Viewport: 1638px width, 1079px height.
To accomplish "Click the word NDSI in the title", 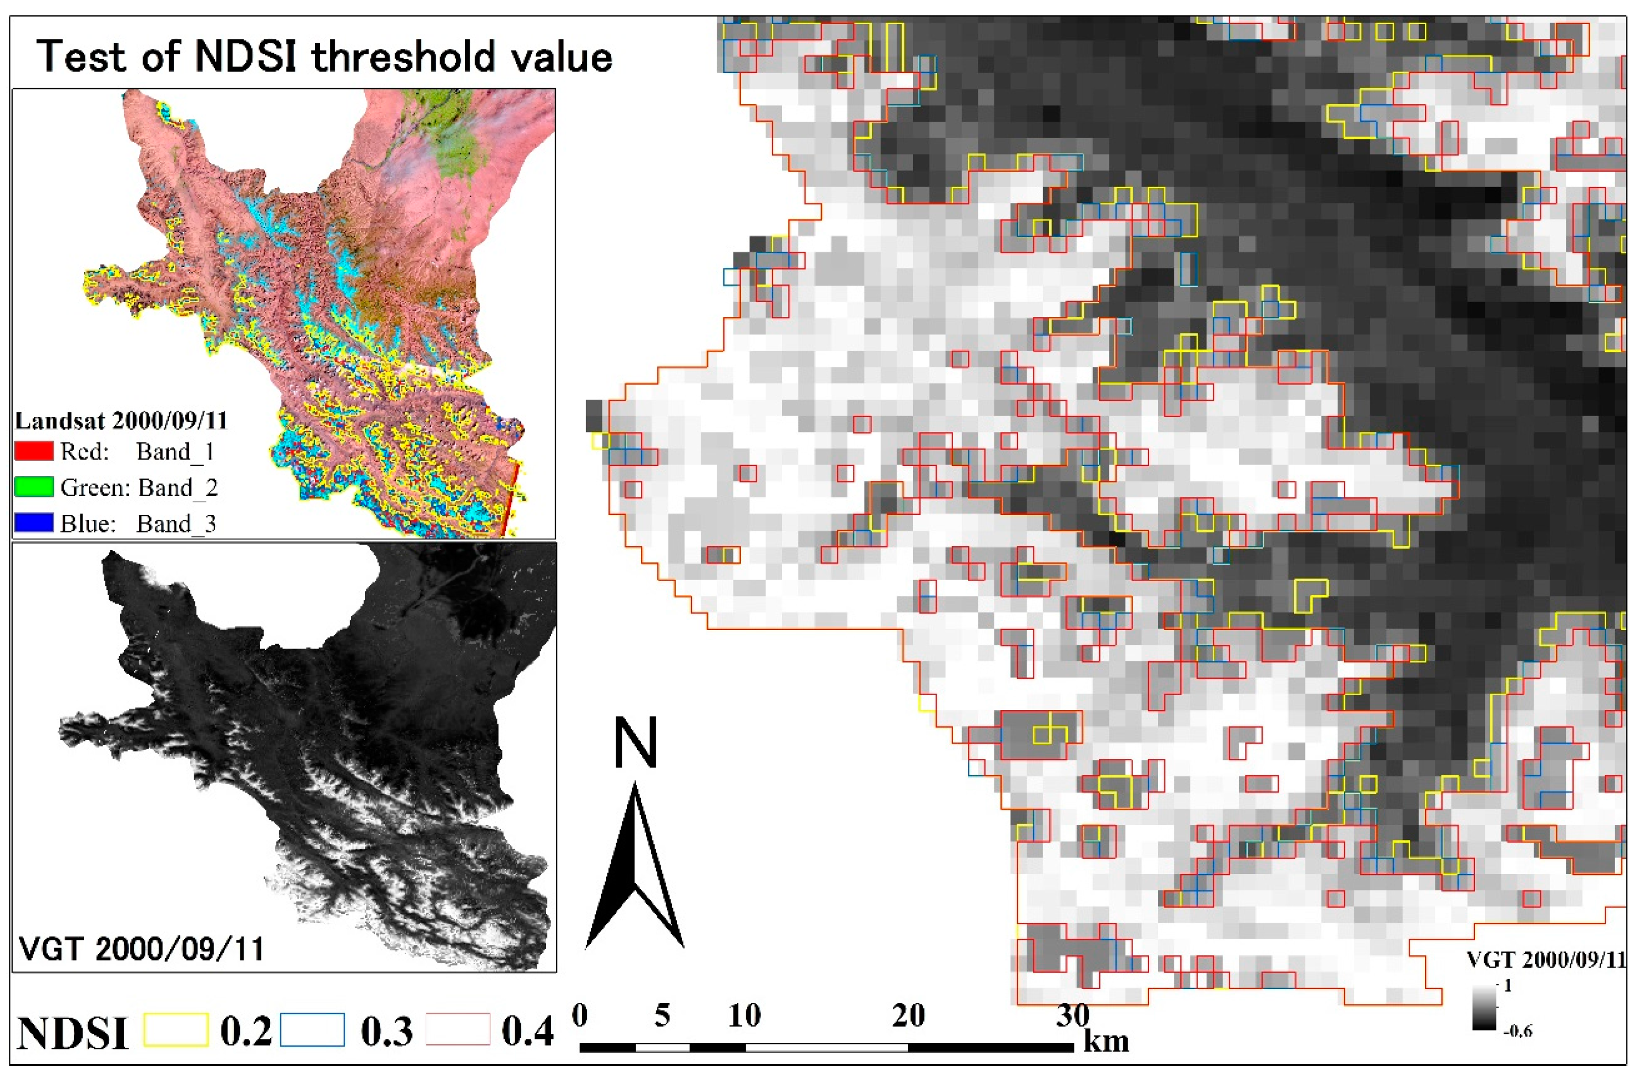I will click(246, 56).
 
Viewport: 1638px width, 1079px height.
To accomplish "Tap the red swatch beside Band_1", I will click(33, 451).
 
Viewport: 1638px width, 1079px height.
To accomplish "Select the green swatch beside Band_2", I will click(33, 487).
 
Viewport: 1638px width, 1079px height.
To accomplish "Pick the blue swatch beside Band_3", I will click(33, 523).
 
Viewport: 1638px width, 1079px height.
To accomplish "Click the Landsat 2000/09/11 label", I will click(121, 421).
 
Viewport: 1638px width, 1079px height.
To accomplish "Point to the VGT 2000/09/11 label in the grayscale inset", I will click(142, 950).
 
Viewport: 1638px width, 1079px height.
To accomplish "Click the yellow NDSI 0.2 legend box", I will click(176, 1030).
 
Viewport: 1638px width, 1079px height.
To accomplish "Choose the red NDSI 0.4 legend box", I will click(458, 1030).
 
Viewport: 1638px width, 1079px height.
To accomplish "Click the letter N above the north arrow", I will click(635, 743).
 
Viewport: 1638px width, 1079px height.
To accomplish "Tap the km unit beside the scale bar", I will click(1106, 1041).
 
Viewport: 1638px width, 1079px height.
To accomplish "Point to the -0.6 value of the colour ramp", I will click(1517, 1031).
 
